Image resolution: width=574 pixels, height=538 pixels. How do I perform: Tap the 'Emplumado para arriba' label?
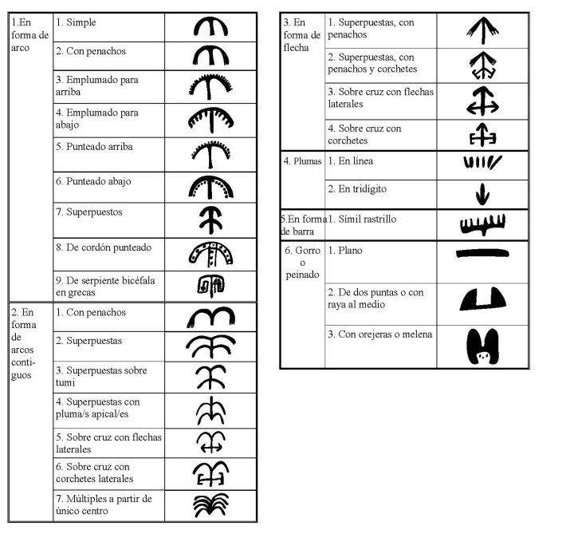(97, 86)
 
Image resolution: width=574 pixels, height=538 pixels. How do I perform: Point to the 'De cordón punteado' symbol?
(211, 253)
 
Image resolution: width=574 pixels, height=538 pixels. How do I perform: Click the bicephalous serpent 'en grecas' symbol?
(211, 285)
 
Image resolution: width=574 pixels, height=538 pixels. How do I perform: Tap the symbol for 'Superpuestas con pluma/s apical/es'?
(211, 411)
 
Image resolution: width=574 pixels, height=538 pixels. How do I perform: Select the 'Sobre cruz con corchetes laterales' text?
(94, 473)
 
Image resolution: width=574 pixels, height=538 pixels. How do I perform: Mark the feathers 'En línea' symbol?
(482, 164)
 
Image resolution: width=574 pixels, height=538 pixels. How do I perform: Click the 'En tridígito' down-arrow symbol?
(482, 194)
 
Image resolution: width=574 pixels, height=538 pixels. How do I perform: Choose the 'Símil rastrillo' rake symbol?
(482, 224)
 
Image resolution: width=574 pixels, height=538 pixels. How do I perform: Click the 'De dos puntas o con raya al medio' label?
(375, 299)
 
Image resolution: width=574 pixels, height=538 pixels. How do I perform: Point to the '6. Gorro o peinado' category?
(302, 263)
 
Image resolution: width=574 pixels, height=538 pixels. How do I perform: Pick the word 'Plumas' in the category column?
(307, 161)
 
